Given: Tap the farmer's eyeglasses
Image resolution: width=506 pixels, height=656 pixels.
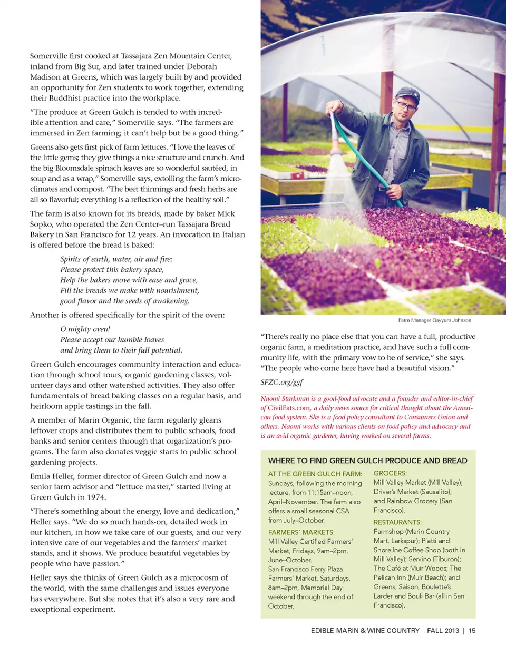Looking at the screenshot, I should pyautogui.click(x=405, y=106).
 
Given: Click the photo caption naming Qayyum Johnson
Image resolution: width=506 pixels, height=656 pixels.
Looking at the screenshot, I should pyautogui.click(x=434, y=320).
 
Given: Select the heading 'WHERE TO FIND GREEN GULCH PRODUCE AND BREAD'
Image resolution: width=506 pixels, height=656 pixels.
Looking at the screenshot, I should pyautogui.click(x=367, y=461).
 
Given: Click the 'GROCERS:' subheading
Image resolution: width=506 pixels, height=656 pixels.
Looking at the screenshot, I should pyautogui.click(x=390, y=473).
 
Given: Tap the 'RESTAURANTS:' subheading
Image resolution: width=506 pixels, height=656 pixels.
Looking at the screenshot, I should pyautogui.click(x=397, y=522).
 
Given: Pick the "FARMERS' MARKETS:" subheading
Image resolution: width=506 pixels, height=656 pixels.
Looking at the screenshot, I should pyautogui.click(x=301, y=532).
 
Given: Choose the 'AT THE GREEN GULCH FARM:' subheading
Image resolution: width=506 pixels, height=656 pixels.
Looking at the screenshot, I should pyautogui.click(x=315, y=474).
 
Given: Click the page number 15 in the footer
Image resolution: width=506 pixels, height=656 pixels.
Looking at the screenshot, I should pyautogui.click(x=472, y=630).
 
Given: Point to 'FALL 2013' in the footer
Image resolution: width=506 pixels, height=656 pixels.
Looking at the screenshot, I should pyautogui.click(x=443, y=630).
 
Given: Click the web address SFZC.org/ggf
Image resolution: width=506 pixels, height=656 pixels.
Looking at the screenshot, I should pyautogui.click(x=281, y=382).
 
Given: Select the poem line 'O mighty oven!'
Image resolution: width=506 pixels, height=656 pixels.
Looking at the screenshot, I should pyautogui.click(x=85, y=329).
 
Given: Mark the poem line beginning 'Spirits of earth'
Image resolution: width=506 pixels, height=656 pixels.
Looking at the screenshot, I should pyautogui.click(x=116, y=259).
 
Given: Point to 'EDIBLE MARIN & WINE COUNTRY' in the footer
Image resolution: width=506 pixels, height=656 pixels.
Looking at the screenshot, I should pyautogui.click(x=365, y=630).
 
